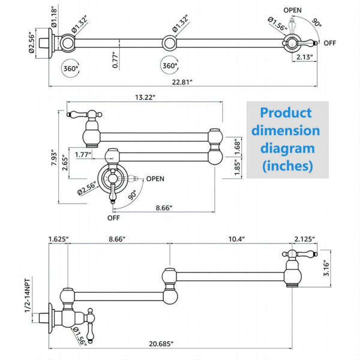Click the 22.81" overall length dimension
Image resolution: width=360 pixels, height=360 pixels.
[x=182, y=82]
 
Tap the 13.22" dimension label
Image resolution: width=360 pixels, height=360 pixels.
[x=145, y=97]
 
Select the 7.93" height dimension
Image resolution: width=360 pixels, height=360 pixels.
[x=55, y=158]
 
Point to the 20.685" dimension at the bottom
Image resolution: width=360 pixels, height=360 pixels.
[x=161, y=344]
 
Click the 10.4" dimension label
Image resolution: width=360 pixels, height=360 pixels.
[x=237, y=239]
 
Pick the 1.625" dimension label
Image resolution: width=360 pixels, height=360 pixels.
[x=58, y=239]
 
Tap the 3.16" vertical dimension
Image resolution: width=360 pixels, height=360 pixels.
[x=326, y=268]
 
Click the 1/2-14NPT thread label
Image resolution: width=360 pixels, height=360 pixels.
[x=28, y=296]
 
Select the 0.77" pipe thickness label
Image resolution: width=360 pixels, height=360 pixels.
[x=115, y=60]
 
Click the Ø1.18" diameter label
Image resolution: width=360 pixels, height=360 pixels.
[x=54, y=17]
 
